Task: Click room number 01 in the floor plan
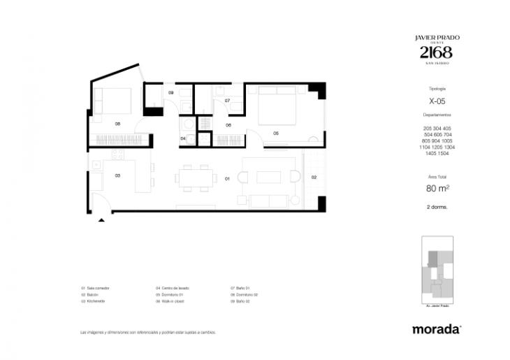click(x=228, y=179)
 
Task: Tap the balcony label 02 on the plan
click(x=314, y=178)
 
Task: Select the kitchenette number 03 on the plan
click(x=118, y=175)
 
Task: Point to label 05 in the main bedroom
click(x=276, y=133)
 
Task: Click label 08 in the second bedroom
click(x=118, y=124)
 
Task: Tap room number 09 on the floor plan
click(x=171, y=93)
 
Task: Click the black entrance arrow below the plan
click(x=102, y=219)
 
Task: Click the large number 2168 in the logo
click(x=436, y=52)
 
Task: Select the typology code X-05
click(x=437, y=101)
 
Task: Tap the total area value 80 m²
click(x=437, y=187)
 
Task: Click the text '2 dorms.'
click(x=437, y=208)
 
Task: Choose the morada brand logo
click(x=436, y=329)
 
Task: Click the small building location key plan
click(x=437, y=272)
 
